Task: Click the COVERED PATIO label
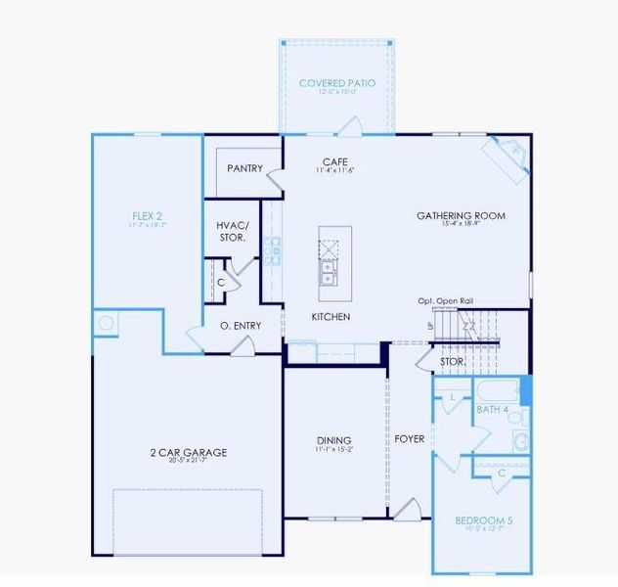[x=337, y=83]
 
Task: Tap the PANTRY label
[x=244, y=168]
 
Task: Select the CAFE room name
[x=334, y=161]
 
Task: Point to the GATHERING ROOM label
[x=461, y=215]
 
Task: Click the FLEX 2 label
[x=148, y=215]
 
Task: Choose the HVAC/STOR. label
[x=232, y=231]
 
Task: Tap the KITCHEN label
[x=331, y=317]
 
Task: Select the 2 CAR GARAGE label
[x=189, y=452]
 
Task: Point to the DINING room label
[x=333, y=441]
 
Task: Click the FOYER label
[x=410, y=439]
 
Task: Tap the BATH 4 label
[x=493, y=409]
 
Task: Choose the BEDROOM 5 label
[x=484, y=520]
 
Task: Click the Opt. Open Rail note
[x=446, y=300]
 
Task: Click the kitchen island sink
[x=329, y=271]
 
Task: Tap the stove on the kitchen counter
[x=272, y=251]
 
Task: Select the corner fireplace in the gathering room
[x=507, y=154]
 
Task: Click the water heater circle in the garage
[x=105, y=323]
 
